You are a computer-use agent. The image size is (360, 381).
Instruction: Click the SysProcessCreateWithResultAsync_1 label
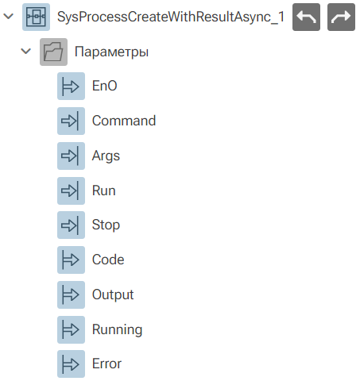[171, 17]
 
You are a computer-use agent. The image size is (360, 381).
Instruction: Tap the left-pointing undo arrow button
[306, 17]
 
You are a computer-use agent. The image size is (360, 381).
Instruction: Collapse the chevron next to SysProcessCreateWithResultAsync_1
[9, 17]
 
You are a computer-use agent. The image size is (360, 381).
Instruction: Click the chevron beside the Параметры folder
[26, 52]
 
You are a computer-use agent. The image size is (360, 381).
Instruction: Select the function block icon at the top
[36, 17]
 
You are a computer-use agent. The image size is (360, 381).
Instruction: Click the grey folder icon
[53, 52]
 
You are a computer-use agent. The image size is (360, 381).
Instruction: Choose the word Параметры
[111, 52]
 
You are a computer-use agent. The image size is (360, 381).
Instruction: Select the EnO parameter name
[105, 86]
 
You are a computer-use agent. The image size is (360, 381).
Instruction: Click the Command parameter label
[124, 121]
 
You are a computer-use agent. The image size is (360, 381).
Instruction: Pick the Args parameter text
[106, 156]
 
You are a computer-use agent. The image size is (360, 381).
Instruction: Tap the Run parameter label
[104, 190]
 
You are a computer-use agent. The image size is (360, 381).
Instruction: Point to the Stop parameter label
[106, 225]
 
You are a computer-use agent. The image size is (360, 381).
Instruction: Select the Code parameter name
[108, 260]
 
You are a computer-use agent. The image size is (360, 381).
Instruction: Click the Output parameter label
[113, 294]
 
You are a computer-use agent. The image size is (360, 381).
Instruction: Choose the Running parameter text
[118, 329]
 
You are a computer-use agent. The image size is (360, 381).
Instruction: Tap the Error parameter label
[106, 364]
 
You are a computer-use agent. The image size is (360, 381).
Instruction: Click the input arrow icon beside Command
[71, 121]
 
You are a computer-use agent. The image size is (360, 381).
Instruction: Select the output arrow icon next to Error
[71, 364]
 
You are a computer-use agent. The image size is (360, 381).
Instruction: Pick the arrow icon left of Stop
[71, 225]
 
